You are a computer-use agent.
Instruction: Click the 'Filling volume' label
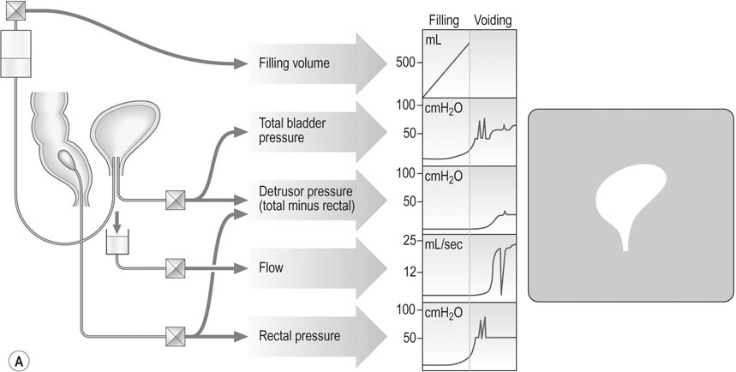point(294,63)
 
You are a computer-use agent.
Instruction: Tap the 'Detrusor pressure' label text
point(306,192)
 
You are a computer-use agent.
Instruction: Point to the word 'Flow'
point(271,267)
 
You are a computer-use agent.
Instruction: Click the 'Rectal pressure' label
point(299,336)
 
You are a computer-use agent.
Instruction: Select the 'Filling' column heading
point(444,21)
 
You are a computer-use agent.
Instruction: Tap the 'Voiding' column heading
point(493,21)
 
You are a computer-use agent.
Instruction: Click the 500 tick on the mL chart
point(408,62)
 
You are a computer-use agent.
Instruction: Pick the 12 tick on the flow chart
point(411,272)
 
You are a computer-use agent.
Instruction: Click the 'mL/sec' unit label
point(444,243)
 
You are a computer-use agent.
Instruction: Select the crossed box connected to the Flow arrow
point(176,268)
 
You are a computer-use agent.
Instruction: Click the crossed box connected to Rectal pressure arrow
point(176,337)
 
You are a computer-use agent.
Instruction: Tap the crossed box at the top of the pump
point(16,11)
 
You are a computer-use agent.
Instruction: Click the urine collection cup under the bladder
point(117,244)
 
